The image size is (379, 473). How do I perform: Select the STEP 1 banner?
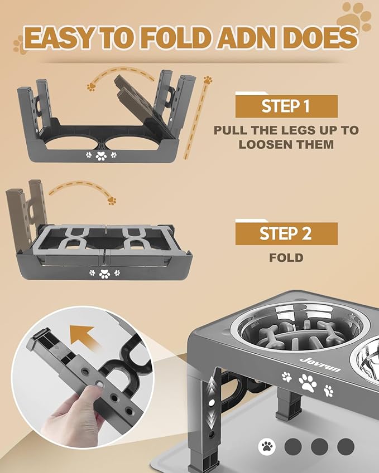point(286,106)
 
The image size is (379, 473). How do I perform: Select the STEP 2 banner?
point(286,233)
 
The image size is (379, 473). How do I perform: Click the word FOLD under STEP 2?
point(286,258)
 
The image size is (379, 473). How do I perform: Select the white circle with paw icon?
point(268,446)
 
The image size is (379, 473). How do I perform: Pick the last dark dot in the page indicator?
point(346,446)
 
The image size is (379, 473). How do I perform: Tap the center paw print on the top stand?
point(101,156)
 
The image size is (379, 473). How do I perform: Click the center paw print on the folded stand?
point(104,273)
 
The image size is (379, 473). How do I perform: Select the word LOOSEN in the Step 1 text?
point(263,144)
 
